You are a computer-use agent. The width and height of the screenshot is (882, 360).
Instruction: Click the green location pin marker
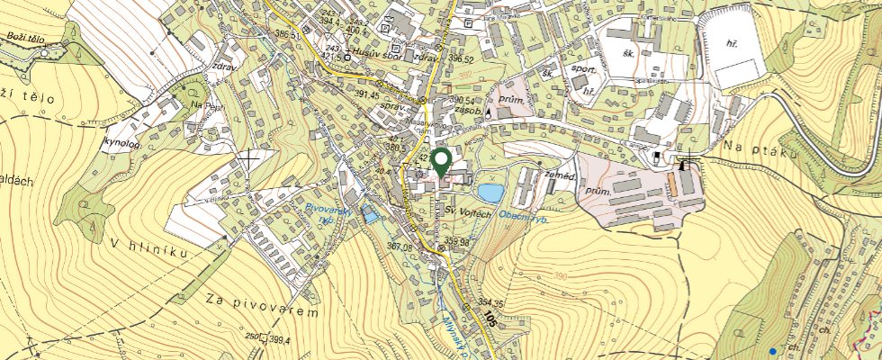tap(441, 163)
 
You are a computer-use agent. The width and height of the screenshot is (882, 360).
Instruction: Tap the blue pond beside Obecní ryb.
tap(490, 193)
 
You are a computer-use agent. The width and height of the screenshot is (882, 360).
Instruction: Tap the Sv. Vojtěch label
tap(469, 211)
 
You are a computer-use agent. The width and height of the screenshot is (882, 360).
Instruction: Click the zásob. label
tap(469, 112)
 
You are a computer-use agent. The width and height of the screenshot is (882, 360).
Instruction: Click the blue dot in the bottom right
tap(772, 350)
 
